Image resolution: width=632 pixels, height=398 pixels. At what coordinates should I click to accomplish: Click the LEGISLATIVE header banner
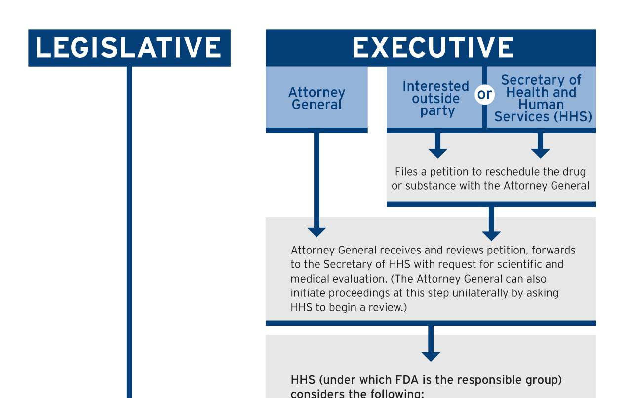129,48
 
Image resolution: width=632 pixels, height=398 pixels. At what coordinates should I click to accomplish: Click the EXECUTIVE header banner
431,48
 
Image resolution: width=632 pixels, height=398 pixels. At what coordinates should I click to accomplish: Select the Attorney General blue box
316,98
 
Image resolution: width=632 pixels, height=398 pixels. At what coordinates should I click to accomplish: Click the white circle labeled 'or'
484,94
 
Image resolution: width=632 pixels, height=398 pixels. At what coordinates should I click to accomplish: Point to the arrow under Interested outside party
437,147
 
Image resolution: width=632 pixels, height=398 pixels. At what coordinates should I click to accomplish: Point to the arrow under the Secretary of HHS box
540,147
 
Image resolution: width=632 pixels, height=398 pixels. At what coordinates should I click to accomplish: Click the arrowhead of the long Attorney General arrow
316,231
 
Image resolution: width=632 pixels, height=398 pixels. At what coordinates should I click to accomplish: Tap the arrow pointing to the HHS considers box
431,345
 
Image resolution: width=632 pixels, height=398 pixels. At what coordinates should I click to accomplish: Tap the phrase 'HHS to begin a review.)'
349,307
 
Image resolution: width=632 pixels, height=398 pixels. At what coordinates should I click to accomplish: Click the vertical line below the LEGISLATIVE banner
129,232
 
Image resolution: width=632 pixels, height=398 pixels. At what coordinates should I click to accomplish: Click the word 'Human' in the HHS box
541,105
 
